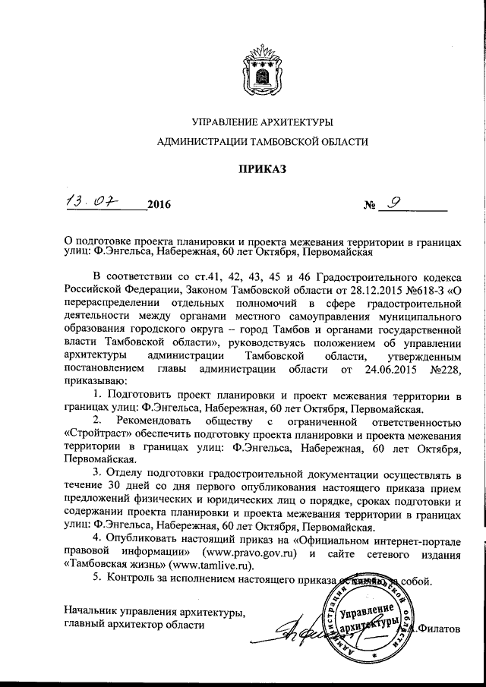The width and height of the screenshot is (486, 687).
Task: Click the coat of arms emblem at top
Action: pyautogui.click(x=261, y=71)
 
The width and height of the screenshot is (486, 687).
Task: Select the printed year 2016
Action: pyautogui.click(x=160, y=205)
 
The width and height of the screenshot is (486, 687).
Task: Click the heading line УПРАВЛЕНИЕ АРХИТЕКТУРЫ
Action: pyautogui.click(x=262, y=122)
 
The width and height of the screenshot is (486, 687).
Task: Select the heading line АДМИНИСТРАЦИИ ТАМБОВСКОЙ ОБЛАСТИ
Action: pyautogui.click(x=262, y=141)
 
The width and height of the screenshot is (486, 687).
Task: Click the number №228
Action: pyautogui.click(x=444, y=370)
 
